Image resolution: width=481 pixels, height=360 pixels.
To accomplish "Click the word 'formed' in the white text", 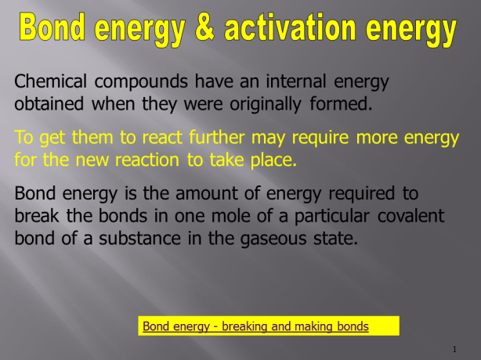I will click(x=338, y=103).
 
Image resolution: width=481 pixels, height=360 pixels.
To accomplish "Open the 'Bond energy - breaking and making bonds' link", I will click(x=255, y=326).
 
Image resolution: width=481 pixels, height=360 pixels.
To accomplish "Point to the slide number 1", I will click(x=454, y=348).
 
